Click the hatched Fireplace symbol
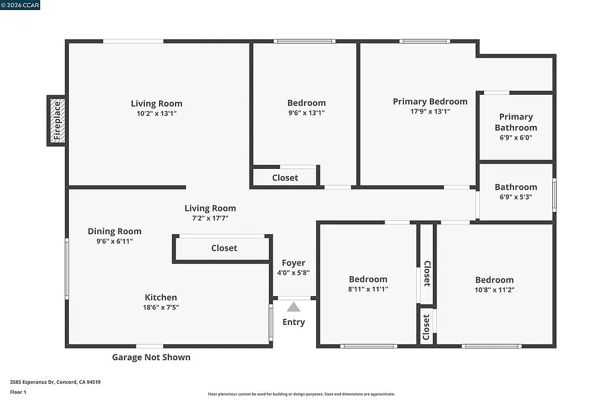coord(57,121)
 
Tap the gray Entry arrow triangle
coord(293,307)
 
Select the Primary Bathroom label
coord(516,122)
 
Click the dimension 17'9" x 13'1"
coord(430,111)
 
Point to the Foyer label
coord(293,263)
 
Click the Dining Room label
coord(115,231)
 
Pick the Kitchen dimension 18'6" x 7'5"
coord(161,307)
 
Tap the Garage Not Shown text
coord(151,357)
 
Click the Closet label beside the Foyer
coord(224,248)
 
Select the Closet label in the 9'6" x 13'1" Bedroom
coord(285,178)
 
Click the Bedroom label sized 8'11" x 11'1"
coord(368,279)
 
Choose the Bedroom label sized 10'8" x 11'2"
coord(495,280)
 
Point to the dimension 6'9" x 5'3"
coord(516,197)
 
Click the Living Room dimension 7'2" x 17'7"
coord(210,218)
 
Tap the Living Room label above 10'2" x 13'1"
coord(157,104)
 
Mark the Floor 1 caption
coord(18,392)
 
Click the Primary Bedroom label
coord(430,101)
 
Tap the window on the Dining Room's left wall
coord(67,268)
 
